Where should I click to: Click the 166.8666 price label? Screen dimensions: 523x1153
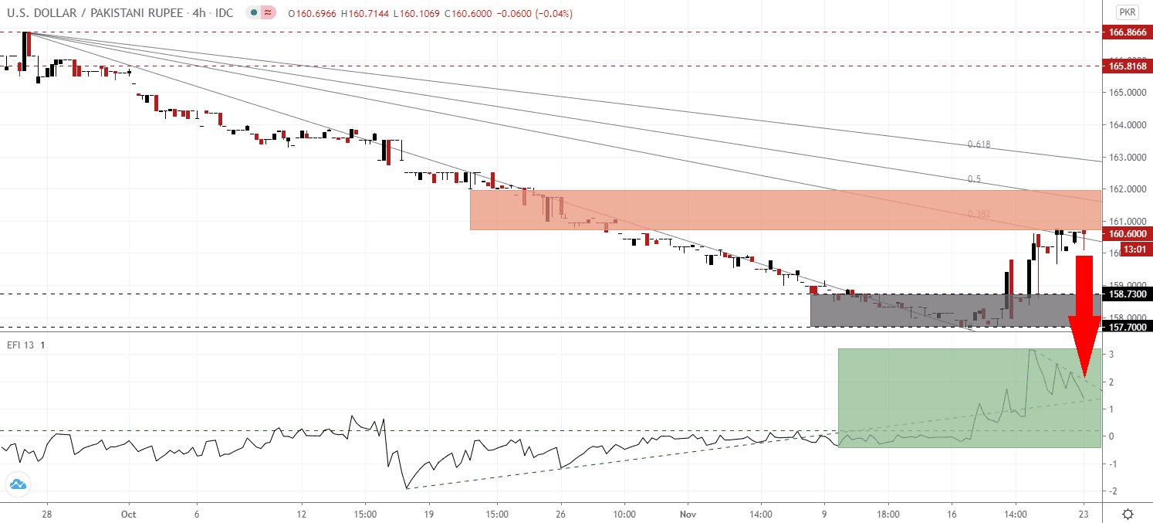1128,32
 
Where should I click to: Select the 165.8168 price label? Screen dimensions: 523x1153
1128,66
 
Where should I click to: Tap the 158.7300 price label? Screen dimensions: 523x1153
1128,294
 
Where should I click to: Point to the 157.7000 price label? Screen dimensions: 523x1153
1128,327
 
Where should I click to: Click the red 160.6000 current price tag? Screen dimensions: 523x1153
1128,233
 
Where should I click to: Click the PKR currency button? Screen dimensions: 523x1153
1128,12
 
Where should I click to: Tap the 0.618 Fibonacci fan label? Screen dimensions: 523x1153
979,144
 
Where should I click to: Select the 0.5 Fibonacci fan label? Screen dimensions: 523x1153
974,179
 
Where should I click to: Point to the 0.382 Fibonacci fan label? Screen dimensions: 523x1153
978,214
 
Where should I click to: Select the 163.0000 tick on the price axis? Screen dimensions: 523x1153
1125,158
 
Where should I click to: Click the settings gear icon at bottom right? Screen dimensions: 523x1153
1128,514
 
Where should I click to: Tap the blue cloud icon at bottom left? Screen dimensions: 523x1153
16,485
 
